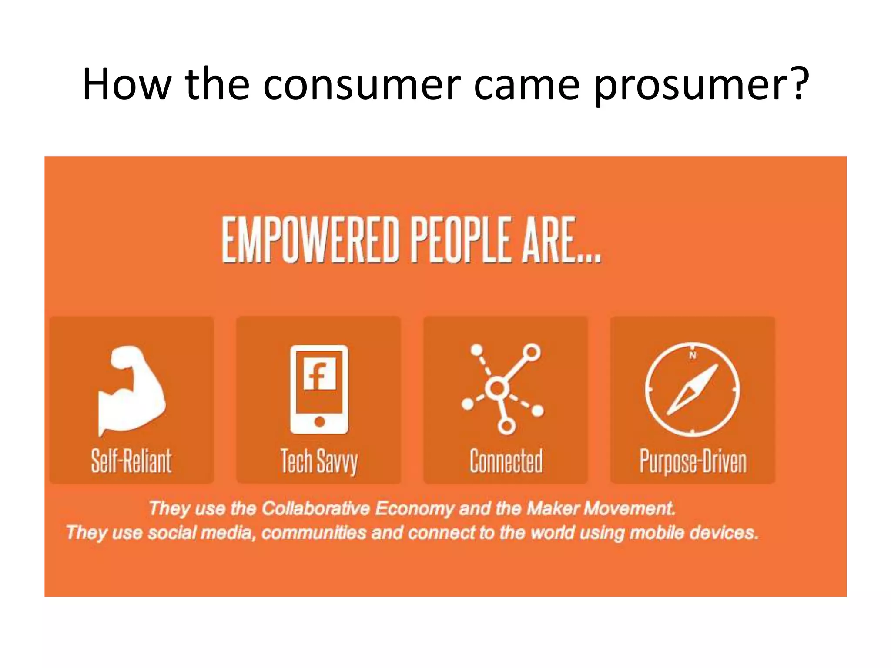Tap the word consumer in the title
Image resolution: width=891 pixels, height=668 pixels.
pyautogui.click(x=361, y=85)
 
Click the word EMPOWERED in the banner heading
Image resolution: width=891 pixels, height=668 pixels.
pyautogui.click(x=310, y=240)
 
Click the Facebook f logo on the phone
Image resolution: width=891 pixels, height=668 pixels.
pyautogui.click(x=320, y=374)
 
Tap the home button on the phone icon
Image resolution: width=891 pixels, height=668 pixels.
pyautogui.click(x=319, y=421)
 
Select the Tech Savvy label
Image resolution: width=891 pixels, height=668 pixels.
pyautogui.click(x=319, y=462)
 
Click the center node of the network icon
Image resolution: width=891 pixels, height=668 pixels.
pyautogui.click(x=497, y=388)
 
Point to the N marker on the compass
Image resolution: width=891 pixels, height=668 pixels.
pyautogui.click(x=693, y=355)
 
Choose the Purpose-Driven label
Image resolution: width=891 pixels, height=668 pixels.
pyautogui.click(x=693, y=462)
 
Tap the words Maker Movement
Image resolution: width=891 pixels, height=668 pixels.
pyautogui.click(x=601, y=508)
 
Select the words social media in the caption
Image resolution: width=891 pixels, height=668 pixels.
pyautogui.click(x=200, y=533)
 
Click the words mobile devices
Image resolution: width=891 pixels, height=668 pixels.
pyautogui.click(x=693, y=533)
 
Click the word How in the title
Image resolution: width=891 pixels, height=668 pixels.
pyautogui.click(x=126, y=85)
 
